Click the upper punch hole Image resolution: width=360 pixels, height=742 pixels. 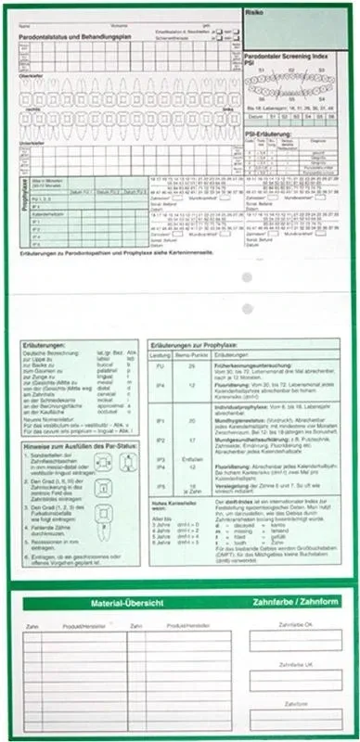246,278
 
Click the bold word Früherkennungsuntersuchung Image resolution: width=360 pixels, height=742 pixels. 246,365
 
